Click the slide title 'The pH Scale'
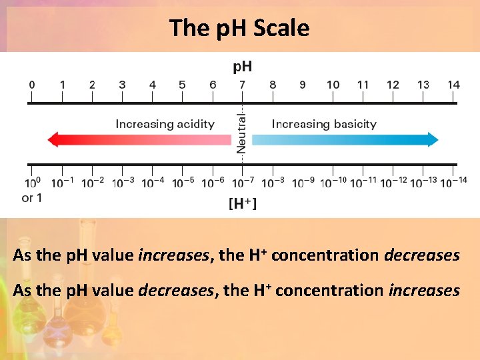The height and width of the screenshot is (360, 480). [x=239, y=28]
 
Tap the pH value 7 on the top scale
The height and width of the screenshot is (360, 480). [x=242, y=85]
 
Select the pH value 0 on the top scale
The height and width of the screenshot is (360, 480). [x=32, y=85]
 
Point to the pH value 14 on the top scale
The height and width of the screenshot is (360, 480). [x=453, y=85]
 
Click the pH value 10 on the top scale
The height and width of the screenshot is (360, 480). [x=333, y=85]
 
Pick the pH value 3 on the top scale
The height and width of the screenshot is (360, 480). [x=122, y=85]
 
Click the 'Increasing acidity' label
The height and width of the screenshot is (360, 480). [x=165, y=124]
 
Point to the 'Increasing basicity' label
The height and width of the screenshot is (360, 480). [x=324, y=124]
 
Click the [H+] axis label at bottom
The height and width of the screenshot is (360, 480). [x=243, y=204]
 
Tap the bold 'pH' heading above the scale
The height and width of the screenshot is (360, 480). [x=242, y=66]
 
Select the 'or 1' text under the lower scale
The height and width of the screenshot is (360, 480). [x=32, y=197]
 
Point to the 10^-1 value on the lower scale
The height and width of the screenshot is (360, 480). [x=63, y=183]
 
